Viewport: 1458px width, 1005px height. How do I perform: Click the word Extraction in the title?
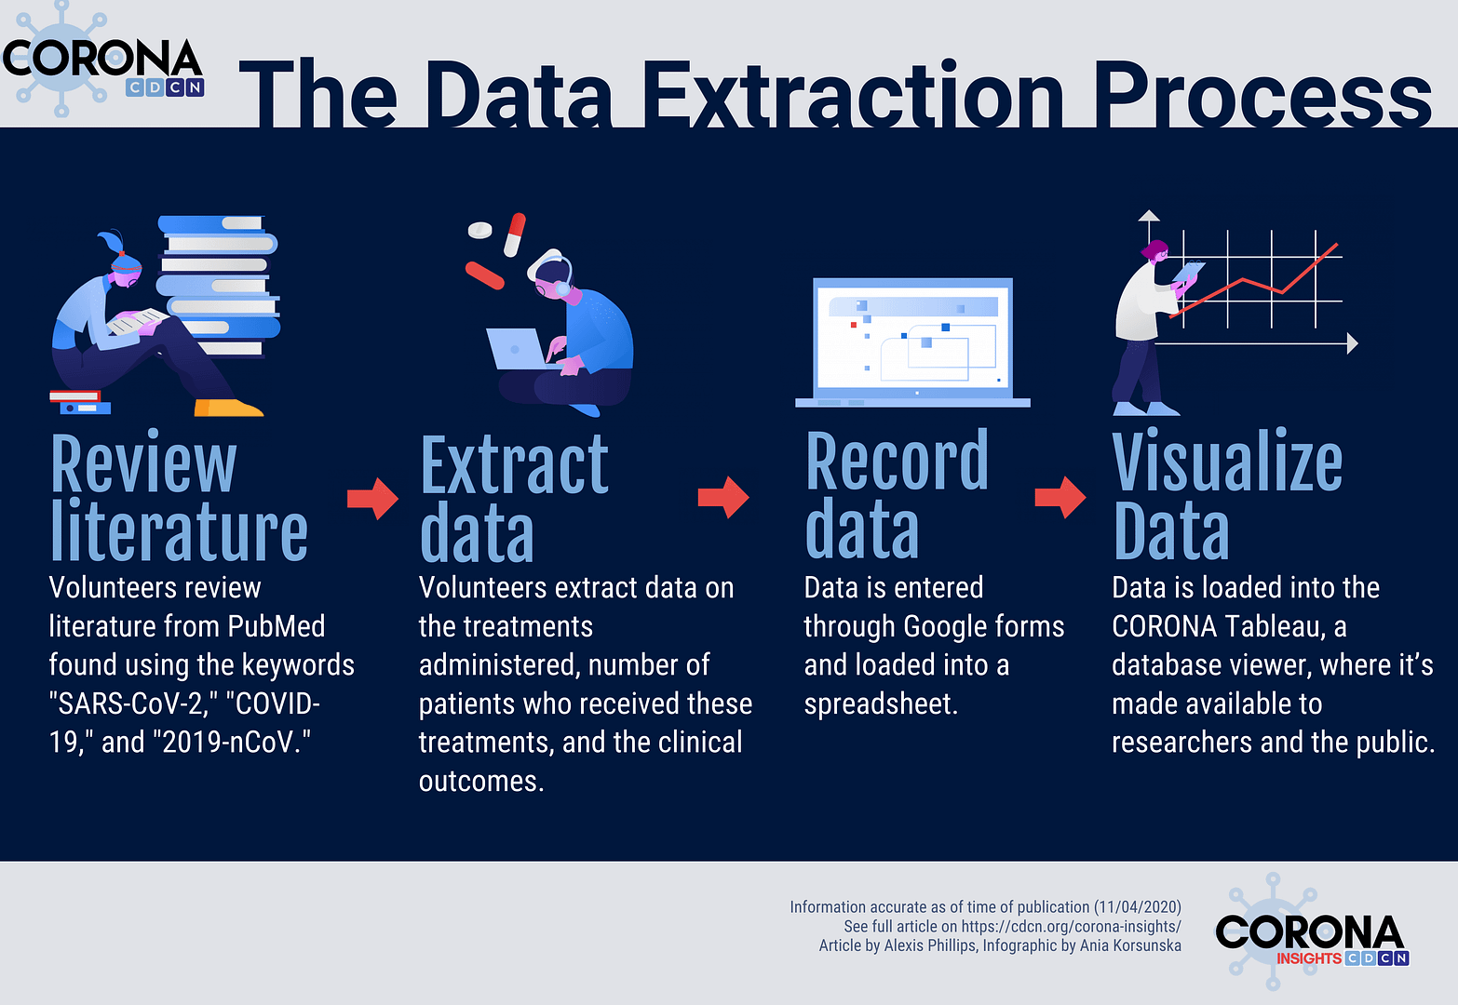pyautogui.click(x=853, y=94)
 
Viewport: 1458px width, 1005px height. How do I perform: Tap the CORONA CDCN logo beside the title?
pyautogui.click(x=102, y=60)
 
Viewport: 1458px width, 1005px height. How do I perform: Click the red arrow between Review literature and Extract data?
pyautogui.click(x=372, y=499)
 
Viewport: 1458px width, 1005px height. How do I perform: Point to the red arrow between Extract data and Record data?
pyautogui.click(x=723, y=498)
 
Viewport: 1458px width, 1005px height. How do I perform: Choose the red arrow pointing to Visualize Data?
pyautogui.click(x=1060, y=498)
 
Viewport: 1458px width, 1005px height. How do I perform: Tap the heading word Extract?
pyautogui.click(x=514, y=463)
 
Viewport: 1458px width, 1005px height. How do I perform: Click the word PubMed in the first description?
pyautogui.click(x=276, y=626)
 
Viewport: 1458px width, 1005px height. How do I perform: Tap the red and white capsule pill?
pyautogui.click(x=515, y=234)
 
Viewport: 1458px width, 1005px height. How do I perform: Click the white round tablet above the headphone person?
pyautogui.click(x=479, y=230)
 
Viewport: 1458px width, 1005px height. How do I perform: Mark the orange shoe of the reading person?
pyautogui.click(x=228, y=408)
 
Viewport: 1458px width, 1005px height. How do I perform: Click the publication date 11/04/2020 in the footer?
pyautogui.click(x=1137, y=906)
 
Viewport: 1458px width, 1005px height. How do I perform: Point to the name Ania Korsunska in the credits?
pyautogui.click(x=1130, y=945)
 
